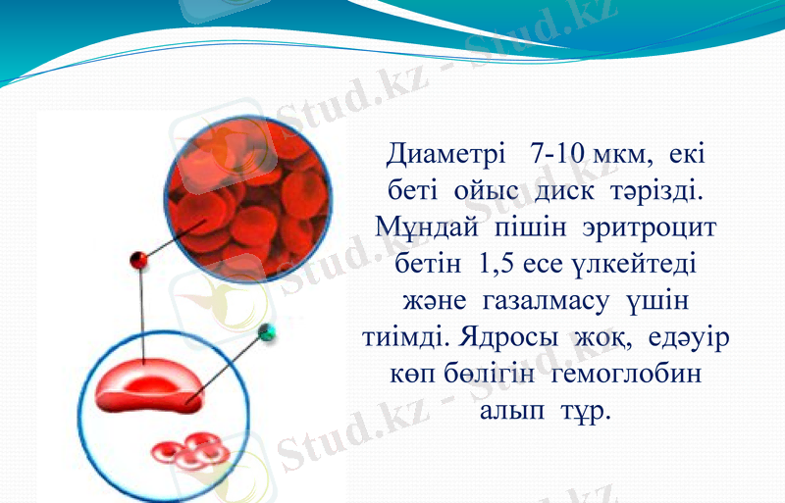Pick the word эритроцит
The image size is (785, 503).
pos(657,226)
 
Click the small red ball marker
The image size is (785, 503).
pos(139,261)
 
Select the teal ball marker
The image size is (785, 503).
pos(266,332)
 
